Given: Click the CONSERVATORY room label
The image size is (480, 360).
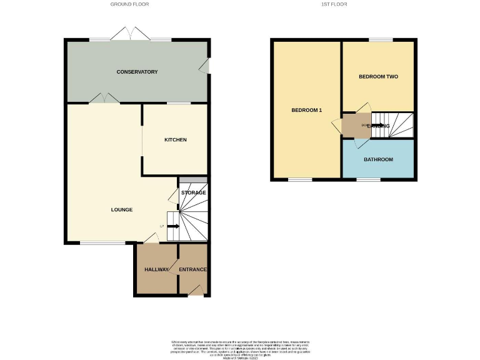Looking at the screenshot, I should click(137, 72).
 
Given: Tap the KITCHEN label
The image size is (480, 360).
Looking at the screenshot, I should click(175, 139).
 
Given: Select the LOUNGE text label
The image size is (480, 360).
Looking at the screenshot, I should click(122, 209).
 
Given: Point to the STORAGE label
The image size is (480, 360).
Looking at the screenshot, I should click(193, 192).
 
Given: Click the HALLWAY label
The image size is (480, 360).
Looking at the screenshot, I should click(157, 269).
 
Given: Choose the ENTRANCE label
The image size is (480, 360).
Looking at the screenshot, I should click(192, 269).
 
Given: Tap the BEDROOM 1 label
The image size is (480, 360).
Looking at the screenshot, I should click(306, 111).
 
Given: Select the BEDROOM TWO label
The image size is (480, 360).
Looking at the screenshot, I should click(378, 76).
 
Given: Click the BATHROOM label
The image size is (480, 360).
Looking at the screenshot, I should click(378, 159).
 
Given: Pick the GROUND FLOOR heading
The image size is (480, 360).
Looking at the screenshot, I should click(129, 4).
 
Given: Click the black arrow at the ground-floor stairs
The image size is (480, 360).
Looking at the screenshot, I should click(173, 226).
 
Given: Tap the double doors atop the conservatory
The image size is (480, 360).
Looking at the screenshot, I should click(131, 34).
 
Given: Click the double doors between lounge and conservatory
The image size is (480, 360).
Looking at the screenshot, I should click(103, 98).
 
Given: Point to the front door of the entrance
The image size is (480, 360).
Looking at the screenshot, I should click(196, 291).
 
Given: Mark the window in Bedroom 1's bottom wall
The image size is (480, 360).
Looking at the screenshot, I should click(301, 181).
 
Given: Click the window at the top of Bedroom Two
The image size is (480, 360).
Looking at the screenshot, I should click(381, 40).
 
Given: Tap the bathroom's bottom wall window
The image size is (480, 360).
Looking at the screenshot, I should click(368, 181).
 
